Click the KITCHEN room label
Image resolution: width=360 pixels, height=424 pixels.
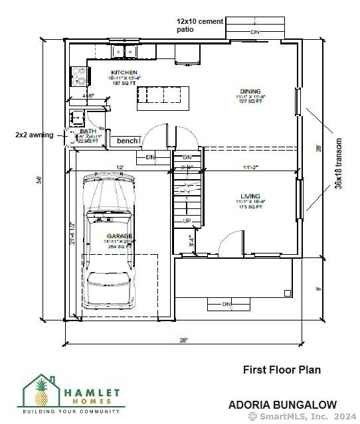[x=124, y=72]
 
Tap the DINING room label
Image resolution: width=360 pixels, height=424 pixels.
[x=250, y=91]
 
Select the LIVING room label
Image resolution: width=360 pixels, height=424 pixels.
[x=250, y=196]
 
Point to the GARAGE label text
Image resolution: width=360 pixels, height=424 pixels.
[x=121, y=236]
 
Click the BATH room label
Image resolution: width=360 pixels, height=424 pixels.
[x=88, y=131]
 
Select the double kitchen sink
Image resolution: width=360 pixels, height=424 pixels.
[x=124, y=51]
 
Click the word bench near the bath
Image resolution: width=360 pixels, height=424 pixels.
[x=127, y=141]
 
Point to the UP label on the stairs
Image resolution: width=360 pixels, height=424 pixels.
[x=187, y=221]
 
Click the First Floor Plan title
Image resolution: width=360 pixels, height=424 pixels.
[x=282, y=370]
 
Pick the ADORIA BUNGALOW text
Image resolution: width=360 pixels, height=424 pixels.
[x=282, y=404]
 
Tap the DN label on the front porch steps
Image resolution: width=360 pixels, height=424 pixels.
[x=226, y=305]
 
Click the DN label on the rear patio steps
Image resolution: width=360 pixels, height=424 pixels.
[x=255, y=31]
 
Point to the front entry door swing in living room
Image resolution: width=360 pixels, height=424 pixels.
[x=230, y=243]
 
